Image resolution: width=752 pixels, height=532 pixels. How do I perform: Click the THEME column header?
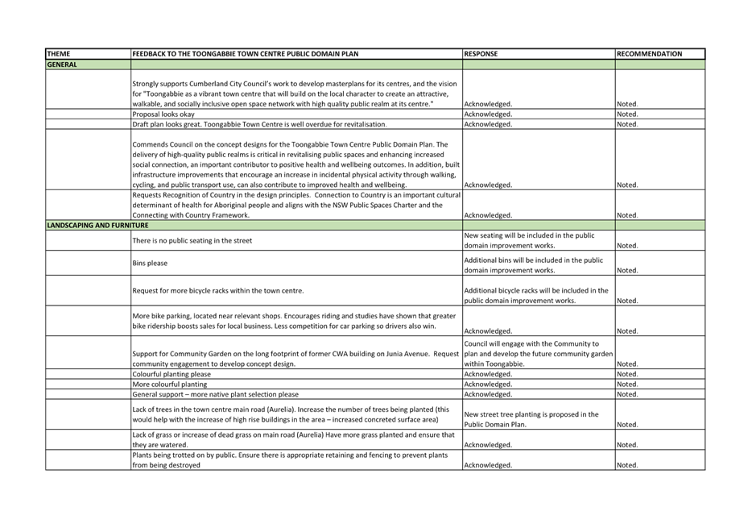pyautogui.click(x=59, y=54)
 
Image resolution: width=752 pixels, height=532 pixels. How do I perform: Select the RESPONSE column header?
pyautogui.click(x=481, y=54)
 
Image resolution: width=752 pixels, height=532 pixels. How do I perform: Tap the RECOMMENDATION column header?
pyautogui.click(x=650, y=54)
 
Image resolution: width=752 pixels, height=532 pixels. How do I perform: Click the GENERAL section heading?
pyautogui.click(x=62, y=64)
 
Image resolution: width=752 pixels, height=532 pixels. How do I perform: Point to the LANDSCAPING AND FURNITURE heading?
pyautogui.click(x=98, y=225)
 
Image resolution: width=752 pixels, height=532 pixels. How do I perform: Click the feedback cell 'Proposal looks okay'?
pyautogui.click(x=163, y=114)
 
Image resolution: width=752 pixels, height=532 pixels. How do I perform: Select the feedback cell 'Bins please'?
pyautogui.click(x=150, y=263)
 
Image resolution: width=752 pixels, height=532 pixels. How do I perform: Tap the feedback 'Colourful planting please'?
pyautogui.click(x=171, y=374)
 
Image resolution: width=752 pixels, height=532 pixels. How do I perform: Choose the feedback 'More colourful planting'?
pyautogui.click(x=170, y=384)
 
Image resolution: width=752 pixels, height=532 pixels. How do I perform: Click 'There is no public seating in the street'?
pyautogui.click(x=192, y=240)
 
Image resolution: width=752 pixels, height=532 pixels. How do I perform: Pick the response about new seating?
pyautogui.click(x=529, y=240)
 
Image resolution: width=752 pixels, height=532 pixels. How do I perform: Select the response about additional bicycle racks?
pyautogui.click(x=535, y=295)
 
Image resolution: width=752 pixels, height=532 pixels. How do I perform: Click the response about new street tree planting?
pyautogui.click(x=531, y=419)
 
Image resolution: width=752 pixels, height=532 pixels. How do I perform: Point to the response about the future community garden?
pyautogui.click(x=538, y=354)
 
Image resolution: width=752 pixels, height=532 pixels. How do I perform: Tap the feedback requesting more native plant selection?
pyautogui.click(x=215, y=394)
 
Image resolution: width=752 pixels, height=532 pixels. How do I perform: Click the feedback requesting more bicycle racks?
pyautogui.click(x=218, y=290)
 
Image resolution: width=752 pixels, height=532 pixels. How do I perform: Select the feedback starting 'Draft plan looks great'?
pyautogui.click(x=259, y=124)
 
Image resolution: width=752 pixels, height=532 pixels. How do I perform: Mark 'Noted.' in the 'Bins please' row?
pyautogui.click(x=627, y=270)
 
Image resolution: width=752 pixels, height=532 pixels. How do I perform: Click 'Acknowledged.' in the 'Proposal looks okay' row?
pyautogui.click(x=488, y=114)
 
